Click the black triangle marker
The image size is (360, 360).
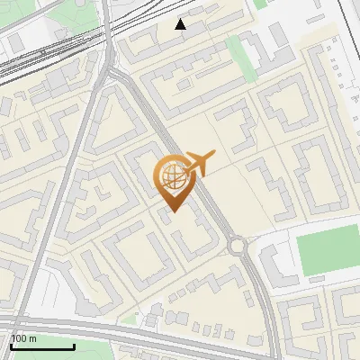tap(181, 24)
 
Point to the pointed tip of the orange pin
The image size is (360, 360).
tap(172, 212)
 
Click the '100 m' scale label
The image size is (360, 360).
tap(24, 338)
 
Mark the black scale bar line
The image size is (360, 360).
tap(41, 346)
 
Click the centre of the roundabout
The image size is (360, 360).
tap(238, 245)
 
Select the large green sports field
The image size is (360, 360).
tap(328, 251)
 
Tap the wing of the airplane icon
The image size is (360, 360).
tap(202, 159)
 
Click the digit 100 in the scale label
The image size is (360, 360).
tap(20, 338)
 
